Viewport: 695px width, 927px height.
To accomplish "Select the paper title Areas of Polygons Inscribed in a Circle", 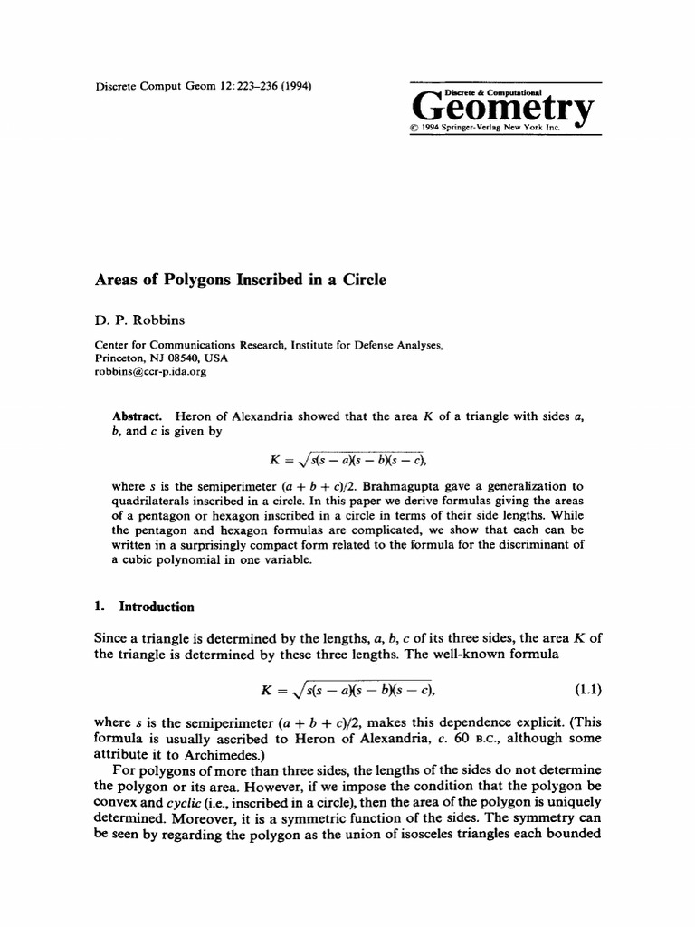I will [x=240, y=280].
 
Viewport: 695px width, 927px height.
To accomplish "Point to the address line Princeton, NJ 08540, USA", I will [x=163, y=358].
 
